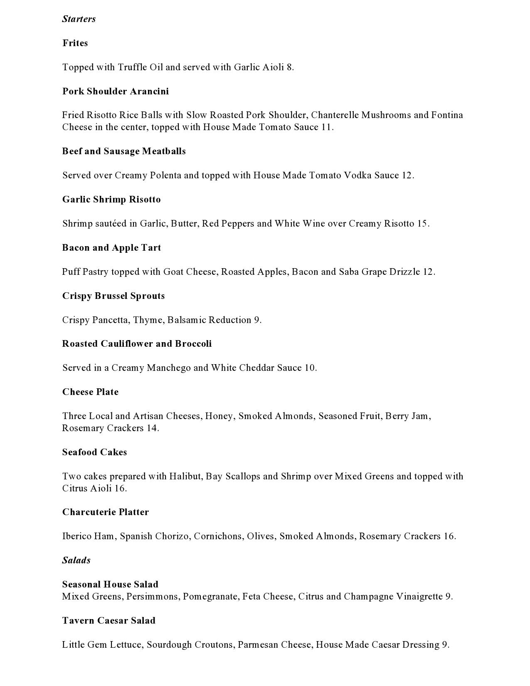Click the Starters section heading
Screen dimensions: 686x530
pos(79,19)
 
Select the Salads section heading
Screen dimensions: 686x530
pos(76,560)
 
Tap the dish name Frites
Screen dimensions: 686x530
pos(75,43)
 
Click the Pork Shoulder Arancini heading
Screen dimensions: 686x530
pos(116,91)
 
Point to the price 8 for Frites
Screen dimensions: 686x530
pos(289,67)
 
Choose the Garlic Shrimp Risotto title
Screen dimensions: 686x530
pos(111,200)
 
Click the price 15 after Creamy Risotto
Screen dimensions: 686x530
pos(422,224)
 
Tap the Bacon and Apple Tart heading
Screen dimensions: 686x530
pos(111,248)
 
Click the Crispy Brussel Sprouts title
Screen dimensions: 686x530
pos(113,296)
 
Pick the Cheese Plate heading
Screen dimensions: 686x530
pos(91,392)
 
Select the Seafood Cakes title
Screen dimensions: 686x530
pos(95,452)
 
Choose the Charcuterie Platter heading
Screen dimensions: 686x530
pos(106,512)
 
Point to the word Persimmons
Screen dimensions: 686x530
pos(153,597)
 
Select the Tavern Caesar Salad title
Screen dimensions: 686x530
pos(109,621)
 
